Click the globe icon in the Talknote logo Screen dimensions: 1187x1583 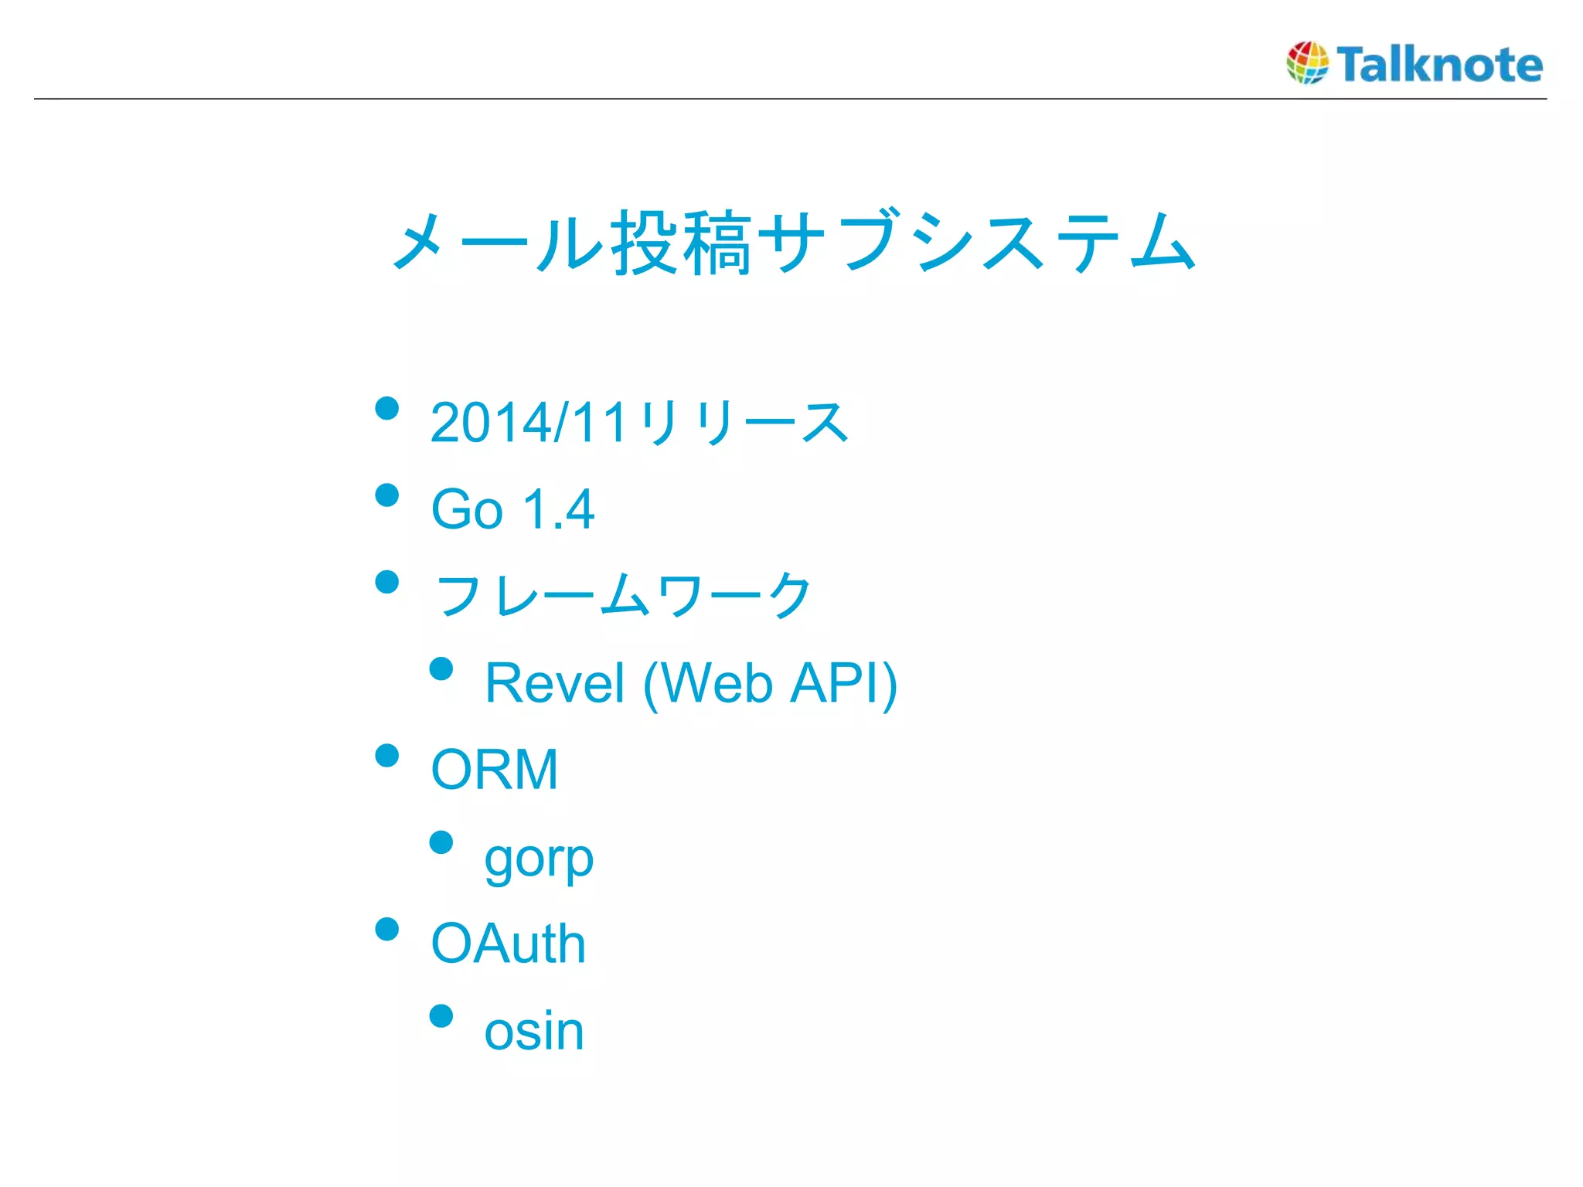click(1307, 63)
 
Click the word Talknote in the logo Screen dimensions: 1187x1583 click(1440, 64)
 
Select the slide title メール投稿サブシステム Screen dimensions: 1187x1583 click(794, 243)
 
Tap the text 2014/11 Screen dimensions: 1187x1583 click(529, 423)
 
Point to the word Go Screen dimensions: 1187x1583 click(467, 509)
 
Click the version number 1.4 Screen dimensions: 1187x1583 click(558, 509)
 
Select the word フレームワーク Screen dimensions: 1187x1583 click(623, 596)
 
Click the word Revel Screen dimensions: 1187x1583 click(554, 683)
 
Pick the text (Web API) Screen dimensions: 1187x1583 click(770, 683)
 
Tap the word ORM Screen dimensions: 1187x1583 click(495, 770)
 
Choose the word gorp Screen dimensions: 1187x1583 click(539, 859)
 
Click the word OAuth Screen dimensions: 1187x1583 click(509, 944)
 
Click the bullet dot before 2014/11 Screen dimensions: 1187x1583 click(386, 408)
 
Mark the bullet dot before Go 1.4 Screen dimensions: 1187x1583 click(386, 495)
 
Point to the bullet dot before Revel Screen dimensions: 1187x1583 click(441, 668)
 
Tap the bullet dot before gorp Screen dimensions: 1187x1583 click(441, 842)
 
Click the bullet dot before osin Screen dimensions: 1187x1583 click(441, 1015)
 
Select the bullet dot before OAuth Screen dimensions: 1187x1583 click(386, 929)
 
